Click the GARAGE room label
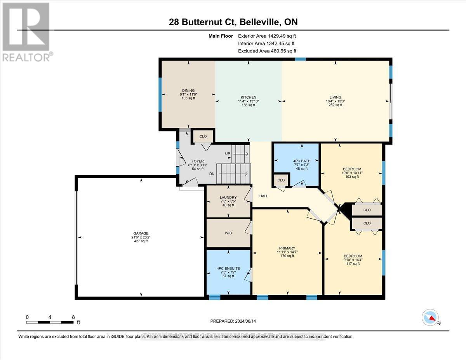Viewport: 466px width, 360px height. pyautogui.click(x=141, y=233)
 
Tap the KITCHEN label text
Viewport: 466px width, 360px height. pyautogui.click(x=248, y=97)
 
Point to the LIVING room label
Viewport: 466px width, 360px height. pyautogui.click(x=335, y=97)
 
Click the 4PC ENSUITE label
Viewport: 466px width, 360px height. pyautogui.click(x=228, y=268)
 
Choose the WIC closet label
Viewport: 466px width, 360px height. pyautogui.click(x=228, y=233)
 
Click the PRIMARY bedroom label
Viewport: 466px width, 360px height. pyautogui.click(x=287, y=248)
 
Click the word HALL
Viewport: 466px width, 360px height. pyautogui.click(x=264, y=196)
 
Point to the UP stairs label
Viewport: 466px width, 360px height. pyautogui.click(x=228, y=154)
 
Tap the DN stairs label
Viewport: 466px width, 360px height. pyautogui.click(x=212, y=174)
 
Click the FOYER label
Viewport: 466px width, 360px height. pyautogui.click(x=198, y=161)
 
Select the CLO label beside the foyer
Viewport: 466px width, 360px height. pyautogui.click(x=203, y=136)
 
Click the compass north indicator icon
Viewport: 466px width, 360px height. pyautogui.click(x=429, y=317)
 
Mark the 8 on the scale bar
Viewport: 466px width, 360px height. pyautogui.click(x=73, y=317)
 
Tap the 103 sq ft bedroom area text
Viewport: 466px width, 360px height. pyautogui.click(x=352, y=177)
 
